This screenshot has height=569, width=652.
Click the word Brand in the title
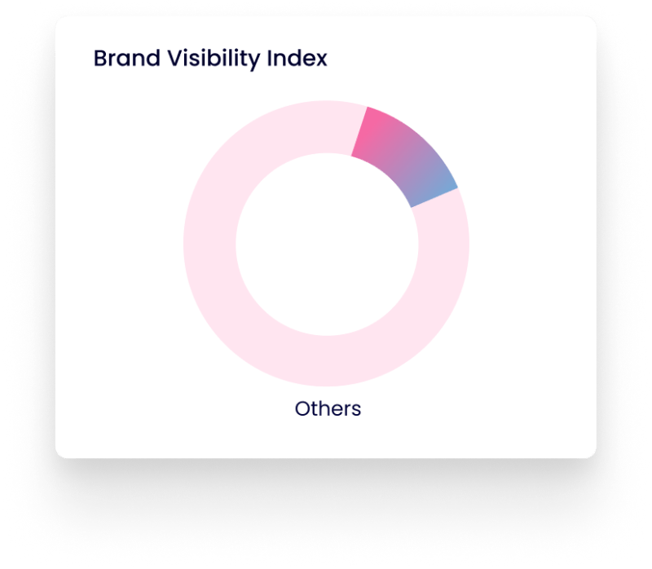pos(127,58)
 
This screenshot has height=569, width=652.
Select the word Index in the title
pos(297,58)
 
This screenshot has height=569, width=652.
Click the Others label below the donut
pos(328,408)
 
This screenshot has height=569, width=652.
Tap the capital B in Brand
pos(101,58)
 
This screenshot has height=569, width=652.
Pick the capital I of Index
pos(270,58)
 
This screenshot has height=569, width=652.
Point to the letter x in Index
pos(320,60)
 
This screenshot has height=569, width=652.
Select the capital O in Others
pos(303,409)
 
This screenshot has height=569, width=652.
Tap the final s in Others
pos(355,411)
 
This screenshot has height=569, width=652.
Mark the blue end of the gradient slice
pos(441,192)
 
